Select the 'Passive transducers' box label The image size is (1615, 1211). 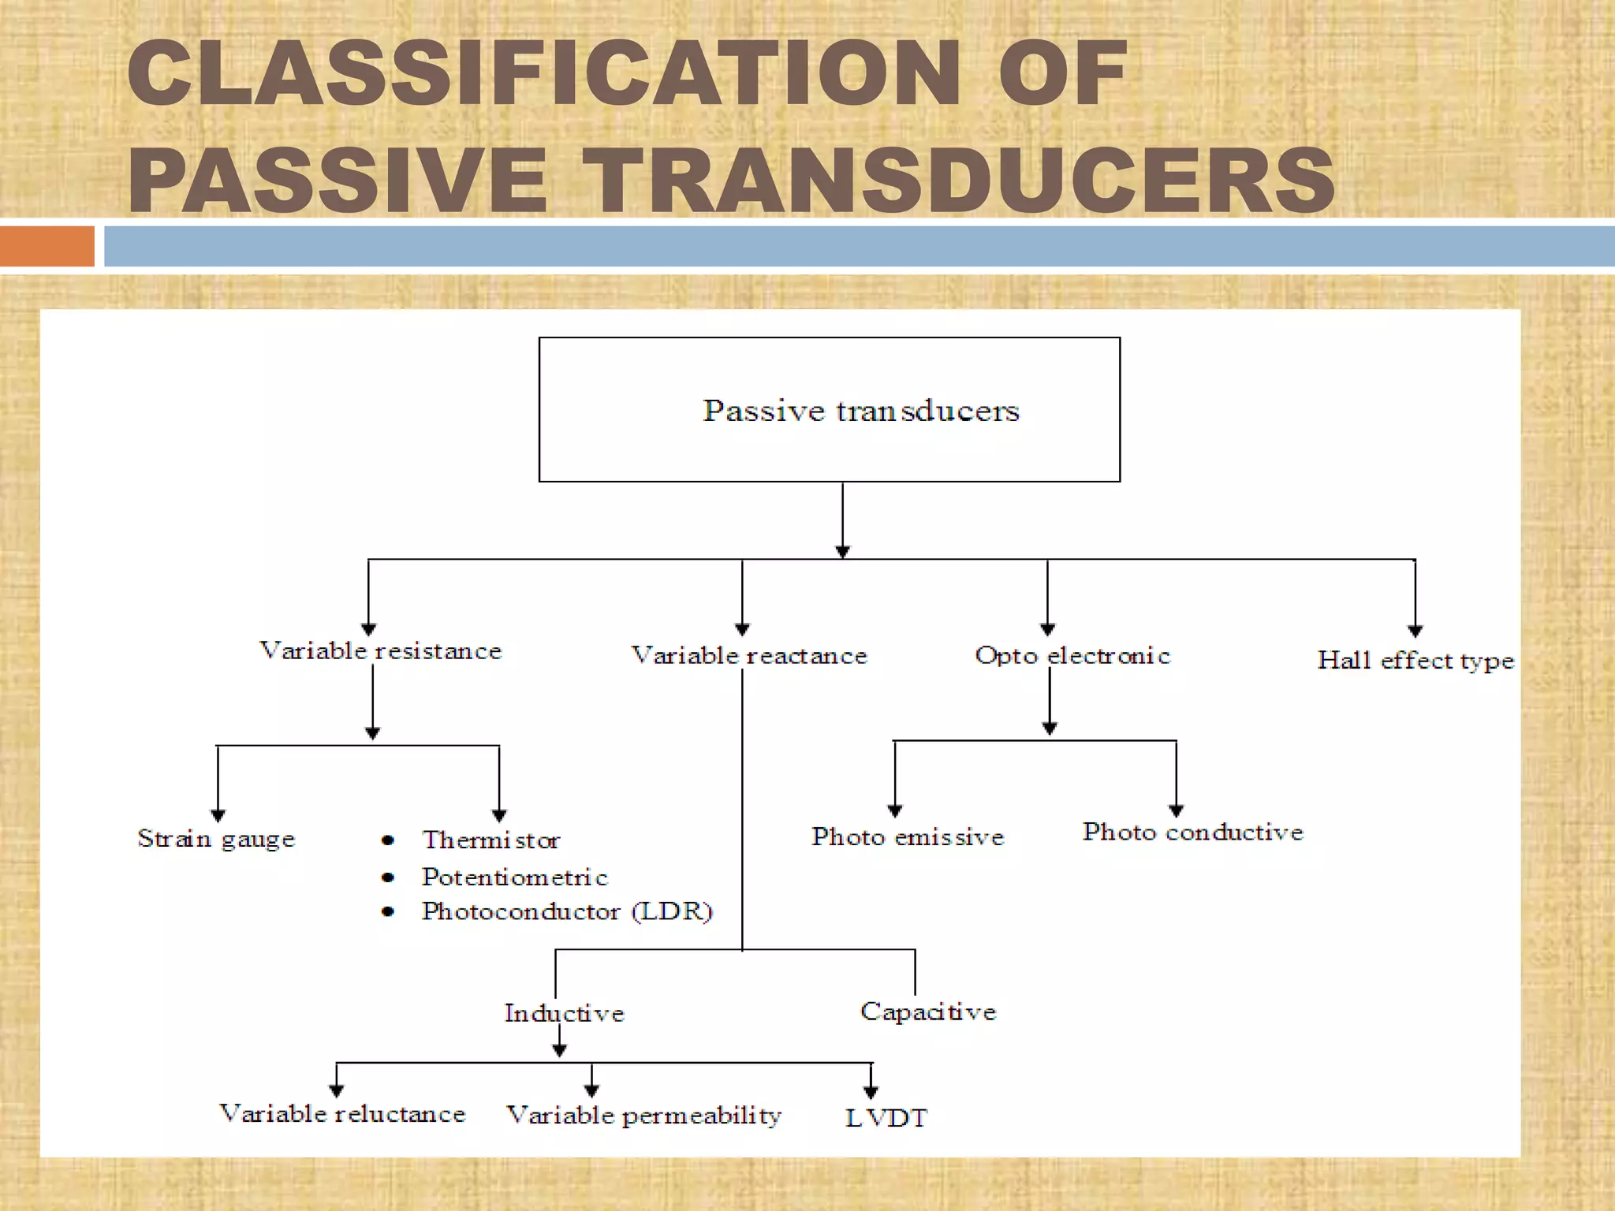(861, 411)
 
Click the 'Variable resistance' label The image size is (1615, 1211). (381, 651)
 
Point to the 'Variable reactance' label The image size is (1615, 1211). (749, 655)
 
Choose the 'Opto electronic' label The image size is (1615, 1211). (1072, 655)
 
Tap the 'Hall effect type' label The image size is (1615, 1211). (1415, 660)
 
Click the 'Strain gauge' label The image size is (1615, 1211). (216, 838)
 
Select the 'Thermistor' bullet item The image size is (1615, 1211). (490, 840)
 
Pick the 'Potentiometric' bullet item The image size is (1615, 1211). (514, 877)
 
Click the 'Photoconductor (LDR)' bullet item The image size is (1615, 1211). (567, 911)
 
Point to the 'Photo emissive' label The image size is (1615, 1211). (908, 837)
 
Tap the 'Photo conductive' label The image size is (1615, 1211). (1192, 832)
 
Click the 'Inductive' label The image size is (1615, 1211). (565, 1013)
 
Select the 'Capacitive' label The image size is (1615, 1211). (928, 1012)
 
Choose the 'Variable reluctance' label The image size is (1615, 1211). (342, 1114)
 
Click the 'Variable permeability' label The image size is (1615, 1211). (643, 1116)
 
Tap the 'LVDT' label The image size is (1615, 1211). (886, 1118)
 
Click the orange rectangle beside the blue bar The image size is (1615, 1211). (47, 246)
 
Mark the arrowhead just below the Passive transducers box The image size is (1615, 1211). (842, 552)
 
